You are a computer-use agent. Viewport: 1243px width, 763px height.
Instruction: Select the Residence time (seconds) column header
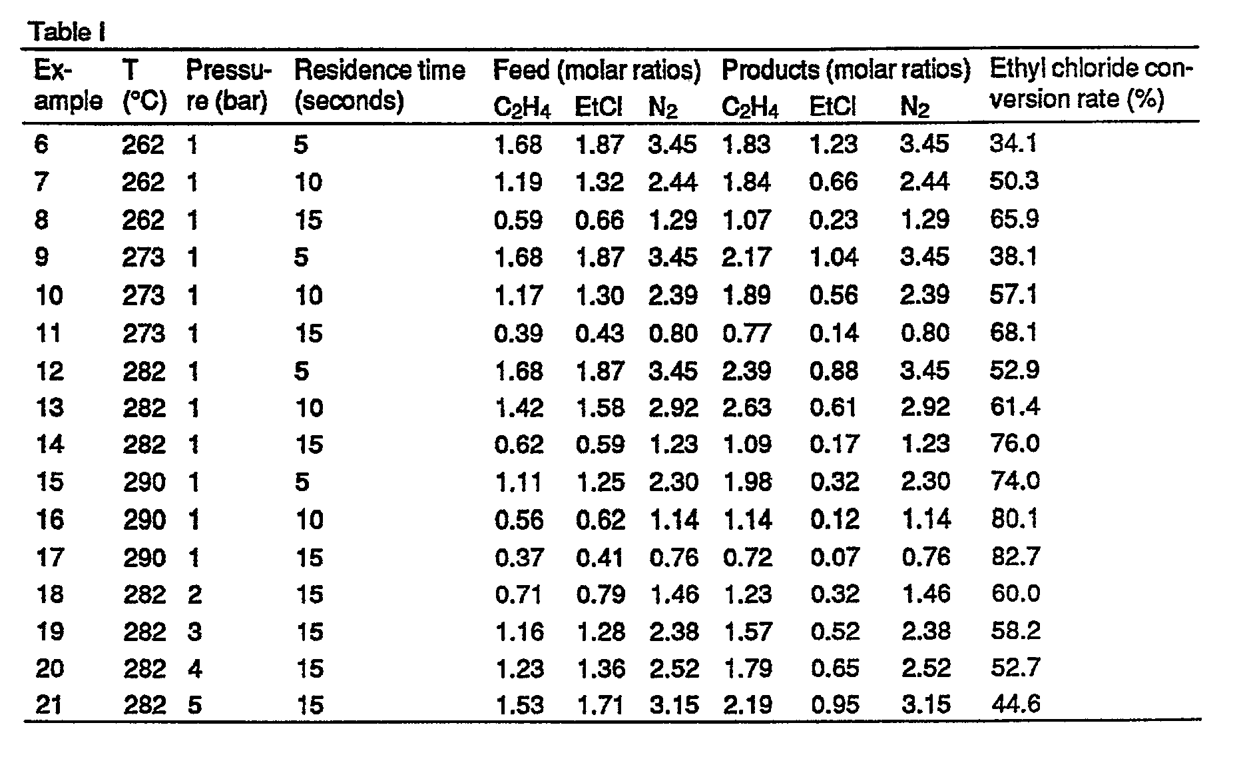(379, 85)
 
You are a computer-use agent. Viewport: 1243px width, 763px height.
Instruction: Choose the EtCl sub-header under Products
(832, 107)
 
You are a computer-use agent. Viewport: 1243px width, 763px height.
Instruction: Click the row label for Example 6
(41, 144)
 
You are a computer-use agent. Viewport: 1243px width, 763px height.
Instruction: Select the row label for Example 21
(49, 705)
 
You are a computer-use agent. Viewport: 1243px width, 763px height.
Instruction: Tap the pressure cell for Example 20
(194, 668)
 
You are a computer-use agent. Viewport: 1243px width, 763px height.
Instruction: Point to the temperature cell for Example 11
(143, 333)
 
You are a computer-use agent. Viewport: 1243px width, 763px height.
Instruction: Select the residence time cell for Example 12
(302, 371)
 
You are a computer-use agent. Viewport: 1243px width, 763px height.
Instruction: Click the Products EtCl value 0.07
(834, 556)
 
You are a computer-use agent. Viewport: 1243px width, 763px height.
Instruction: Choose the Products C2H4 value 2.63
(747, 407)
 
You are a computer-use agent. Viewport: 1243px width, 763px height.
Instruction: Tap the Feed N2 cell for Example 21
(674, 705)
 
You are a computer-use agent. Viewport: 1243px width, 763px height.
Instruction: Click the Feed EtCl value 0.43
(600, 333)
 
